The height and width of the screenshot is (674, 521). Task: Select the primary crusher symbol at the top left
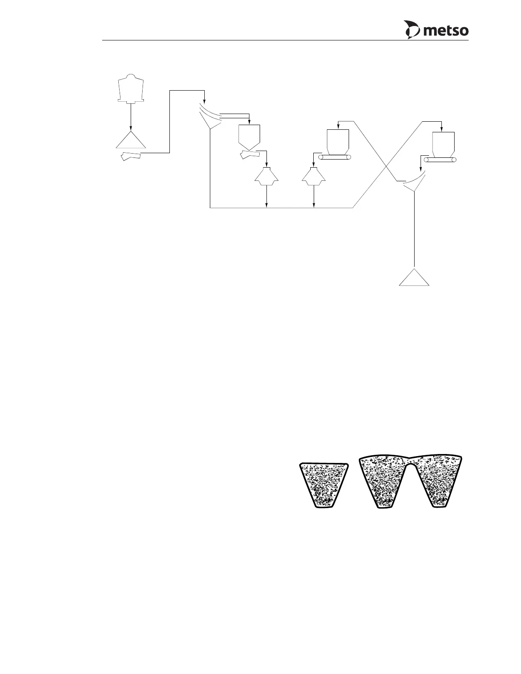click(131, 89)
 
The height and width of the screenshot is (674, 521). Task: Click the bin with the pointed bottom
click(249, 136)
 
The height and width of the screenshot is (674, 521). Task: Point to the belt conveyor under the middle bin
click(335, 157)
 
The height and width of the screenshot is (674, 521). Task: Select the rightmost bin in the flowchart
click(443, 144)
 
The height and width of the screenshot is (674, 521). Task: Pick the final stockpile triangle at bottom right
click(414, 279)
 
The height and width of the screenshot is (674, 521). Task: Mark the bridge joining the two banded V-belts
click(410, 460)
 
